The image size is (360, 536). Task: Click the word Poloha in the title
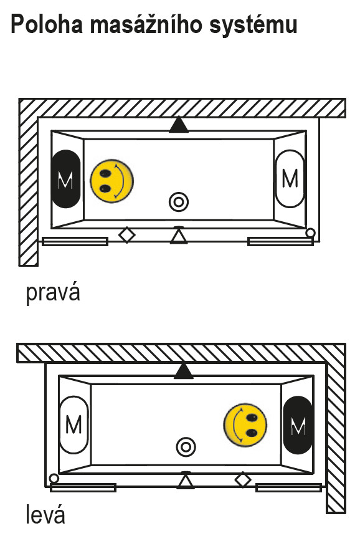pyautogui.click(x=47, y=24)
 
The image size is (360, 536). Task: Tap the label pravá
pyautogui.click(x=53, y=293)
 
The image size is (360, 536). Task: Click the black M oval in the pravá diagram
pyautogui.click(x=66, y=179)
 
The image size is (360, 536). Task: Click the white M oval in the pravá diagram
pyautogui.click(x=290, y=178)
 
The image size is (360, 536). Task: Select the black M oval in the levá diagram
pyautogui.click(x=298, y=425)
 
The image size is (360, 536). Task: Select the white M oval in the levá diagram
pyautogui.click(x=73, y=425)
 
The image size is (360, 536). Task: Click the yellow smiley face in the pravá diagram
pyautogui.click(x=111, y=181)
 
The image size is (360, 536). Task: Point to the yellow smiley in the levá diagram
pyautogui.click(x=245, y=425)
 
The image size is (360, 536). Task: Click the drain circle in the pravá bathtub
pyautogui.click(x=179, y=202)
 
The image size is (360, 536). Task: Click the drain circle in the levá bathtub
pyautogui.click(x=186, y=447)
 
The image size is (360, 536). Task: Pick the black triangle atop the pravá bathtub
pyautogui.click(x=179, y=125)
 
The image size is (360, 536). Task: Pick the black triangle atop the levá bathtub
pyautogui.click(x=184, y=371)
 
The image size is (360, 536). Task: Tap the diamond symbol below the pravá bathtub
pyautogui.click(x=126, y=235)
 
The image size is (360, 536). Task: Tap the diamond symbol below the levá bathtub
pyautogui.click(x=243, y=480)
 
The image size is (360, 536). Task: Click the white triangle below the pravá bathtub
pyautogui.click(x=179, y=235)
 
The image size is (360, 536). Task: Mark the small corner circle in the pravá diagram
pyautogui.click(x=310, y=233)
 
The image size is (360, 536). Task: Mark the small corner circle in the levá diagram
pyautogui.click(x=54, y=478)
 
